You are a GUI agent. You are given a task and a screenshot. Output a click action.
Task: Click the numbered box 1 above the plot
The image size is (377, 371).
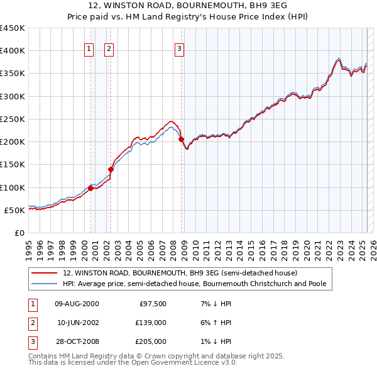[x=89, y=48]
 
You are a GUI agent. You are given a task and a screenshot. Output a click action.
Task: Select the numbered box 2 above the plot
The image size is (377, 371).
[x=109, y=48]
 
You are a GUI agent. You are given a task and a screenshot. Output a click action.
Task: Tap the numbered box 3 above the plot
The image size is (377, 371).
[x=179, y=48]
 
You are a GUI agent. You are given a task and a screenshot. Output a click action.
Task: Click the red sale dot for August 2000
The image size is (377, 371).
[x=90, y=188]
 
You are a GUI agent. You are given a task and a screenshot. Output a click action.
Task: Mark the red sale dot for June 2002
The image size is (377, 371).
[x=111, y=169]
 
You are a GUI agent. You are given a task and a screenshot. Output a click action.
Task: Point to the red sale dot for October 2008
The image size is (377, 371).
[x=181, y=139]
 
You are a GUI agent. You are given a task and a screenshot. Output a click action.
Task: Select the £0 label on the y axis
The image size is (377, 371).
[x=19, y=233]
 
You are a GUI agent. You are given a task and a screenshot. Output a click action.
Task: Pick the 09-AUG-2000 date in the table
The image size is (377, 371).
[x=77, y=304]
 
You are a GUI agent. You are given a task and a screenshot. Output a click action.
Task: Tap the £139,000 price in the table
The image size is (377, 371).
[x=151, y=323]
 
